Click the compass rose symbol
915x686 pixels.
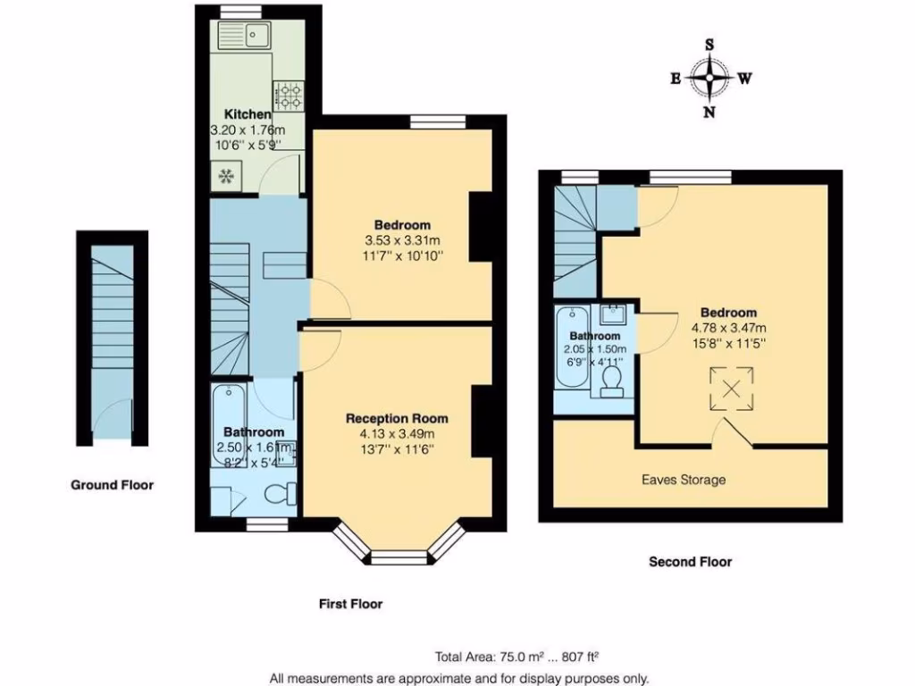coord(710,78)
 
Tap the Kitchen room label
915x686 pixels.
coord(248,114)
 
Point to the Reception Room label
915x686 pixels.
coord(397,418)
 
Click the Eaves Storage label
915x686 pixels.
coord(684,480)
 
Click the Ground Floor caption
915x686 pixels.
coord(112,485)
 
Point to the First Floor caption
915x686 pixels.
coord(351,604)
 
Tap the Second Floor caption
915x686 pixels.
coord(690,562)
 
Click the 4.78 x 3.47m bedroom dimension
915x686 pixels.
coord(728,327)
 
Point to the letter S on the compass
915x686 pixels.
coord(709,45)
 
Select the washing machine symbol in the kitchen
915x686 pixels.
coord(224,176)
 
